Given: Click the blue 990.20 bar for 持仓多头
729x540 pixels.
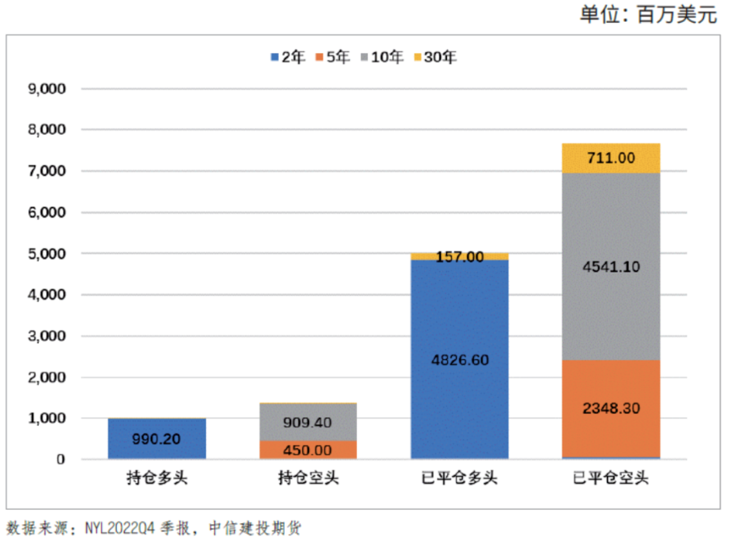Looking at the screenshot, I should [157, 438].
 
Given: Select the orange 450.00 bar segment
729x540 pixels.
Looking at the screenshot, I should [307, 450].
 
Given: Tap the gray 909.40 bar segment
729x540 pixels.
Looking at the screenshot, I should [307, 422].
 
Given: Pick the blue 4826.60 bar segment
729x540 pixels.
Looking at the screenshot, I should [459, 359].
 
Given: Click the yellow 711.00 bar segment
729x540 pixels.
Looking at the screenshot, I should [610, 157].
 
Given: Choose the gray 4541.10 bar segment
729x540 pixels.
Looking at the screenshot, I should [610, 266].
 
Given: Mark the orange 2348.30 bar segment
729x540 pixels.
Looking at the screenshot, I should [610, 408].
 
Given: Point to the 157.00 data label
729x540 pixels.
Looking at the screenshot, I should [459, 257].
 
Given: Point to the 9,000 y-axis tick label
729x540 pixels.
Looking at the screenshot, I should [49, 88].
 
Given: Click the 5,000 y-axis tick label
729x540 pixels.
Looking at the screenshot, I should [49, 253].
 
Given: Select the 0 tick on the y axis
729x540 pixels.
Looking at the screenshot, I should [61, 460].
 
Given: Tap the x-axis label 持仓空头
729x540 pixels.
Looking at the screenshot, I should [307, 479].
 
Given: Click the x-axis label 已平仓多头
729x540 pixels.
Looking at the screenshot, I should [459, 479].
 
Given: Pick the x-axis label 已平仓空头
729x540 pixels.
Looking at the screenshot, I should [610, 479].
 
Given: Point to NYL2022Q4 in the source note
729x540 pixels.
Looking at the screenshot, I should [124, 528].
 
